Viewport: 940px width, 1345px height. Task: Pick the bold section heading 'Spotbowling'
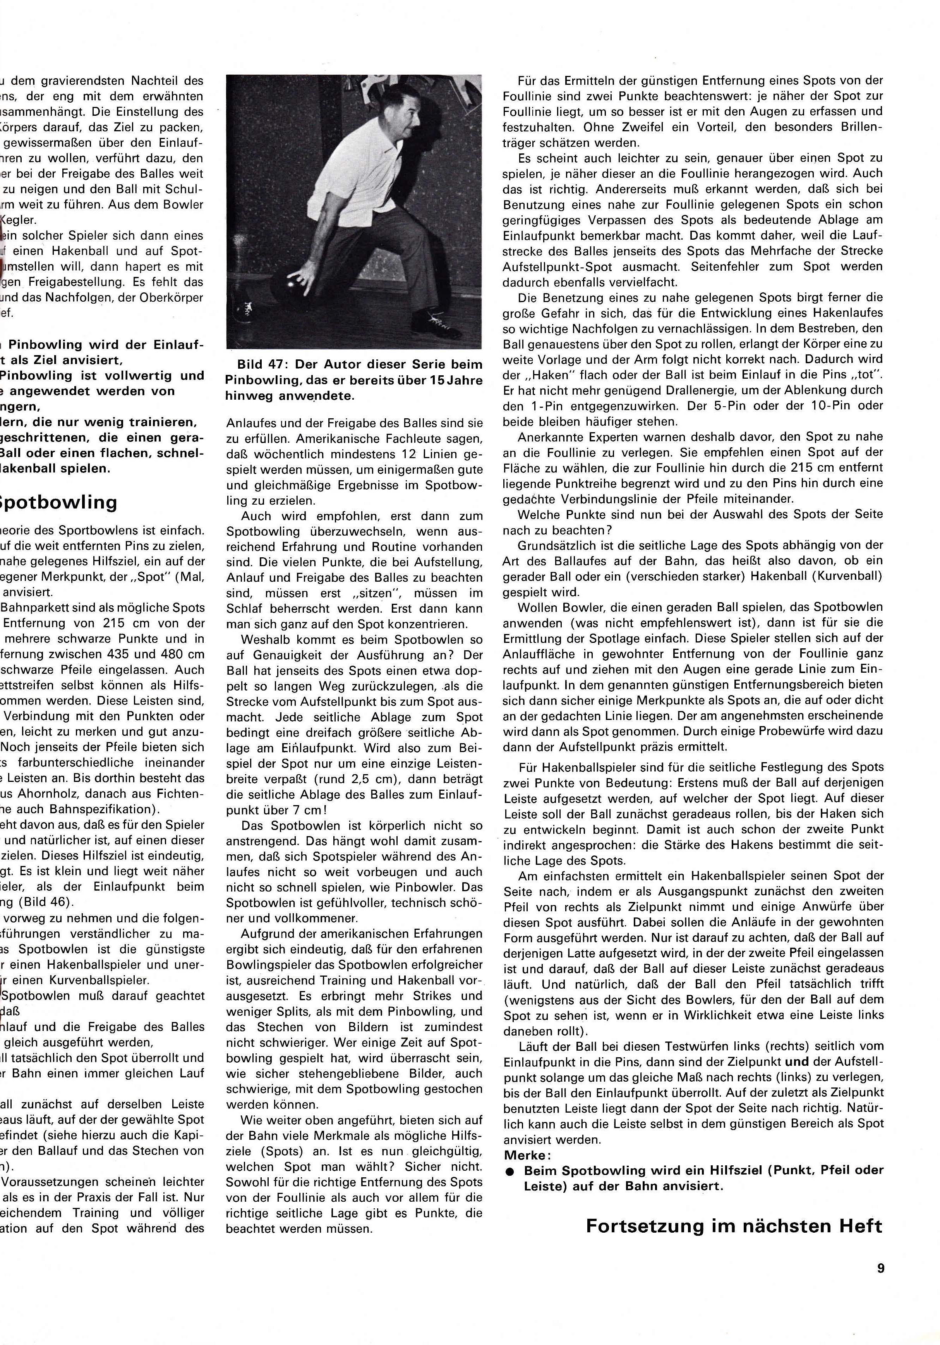pos(58,502)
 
